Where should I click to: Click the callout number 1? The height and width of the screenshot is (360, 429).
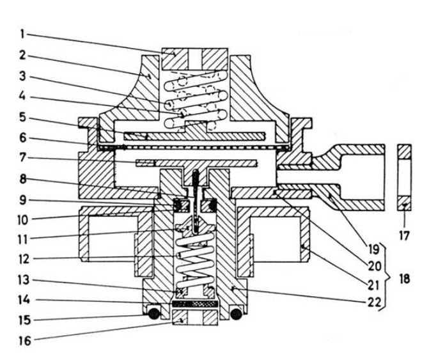point(23,34)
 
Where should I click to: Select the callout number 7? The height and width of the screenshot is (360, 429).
point(23,158)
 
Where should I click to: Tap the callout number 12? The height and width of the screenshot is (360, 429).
point(24,259)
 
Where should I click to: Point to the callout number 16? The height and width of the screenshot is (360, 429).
point(25,341)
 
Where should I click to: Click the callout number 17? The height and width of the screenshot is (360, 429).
point(404,235)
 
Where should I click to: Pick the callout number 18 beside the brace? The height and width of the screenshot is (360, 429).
point(405,279)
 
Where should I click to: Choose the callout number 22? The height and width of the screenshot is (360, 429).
point(374,302)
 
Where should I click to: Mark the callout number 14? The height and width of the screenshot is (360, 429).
point(24,300)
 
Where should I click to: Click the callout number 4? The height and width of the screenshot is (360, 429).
point(23,97)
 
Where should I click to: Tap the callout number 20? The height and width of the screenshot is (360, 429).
point(374,265)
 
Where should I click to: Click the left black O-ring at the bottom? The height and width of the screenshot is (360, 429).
point(153,314)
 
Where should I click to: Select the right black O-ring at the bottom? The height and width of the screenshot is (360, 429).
point(237,314)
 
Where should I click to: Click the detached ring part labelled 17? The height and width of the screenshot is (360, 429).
point(404,177)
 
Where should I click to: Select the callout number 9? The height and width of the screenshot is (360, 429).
point(23,200)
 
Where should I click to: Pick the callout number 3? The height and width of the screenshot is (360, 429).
point(22,76)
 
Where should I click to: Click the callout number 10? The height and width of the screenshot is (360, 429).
point(23,220)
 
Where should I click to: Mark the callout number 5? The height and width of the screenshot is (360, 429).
point(23,117)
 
